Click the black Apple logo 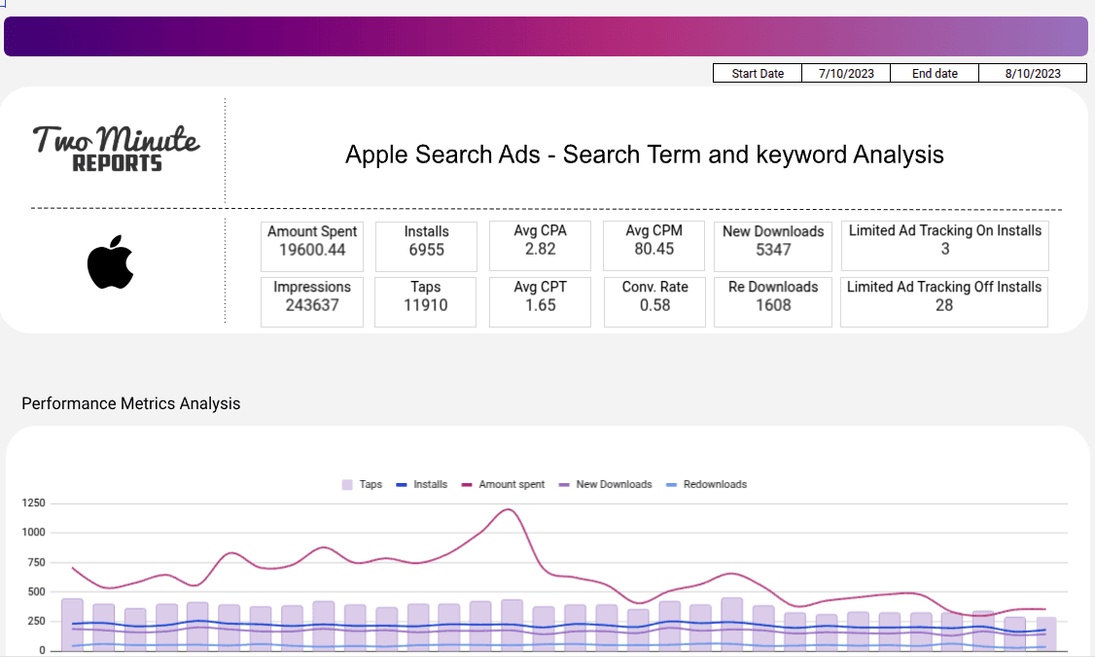coord(110,261)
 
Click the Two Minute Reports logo coord(117,149)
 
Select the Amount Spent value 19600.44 coord(312,250)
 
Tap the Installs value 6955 coord(426,250)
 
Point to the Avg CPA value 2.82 coord(540,250)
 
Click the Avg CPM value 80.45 coord(653,250)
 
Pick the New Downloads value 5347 coord(773,250)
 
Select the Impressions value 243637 coord(312,305)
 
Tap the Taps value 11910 coord(426,305)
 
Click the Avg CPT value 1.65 coord(540,305)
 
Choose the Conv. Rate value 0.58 coord(653,305)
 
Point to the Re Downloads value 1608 coord(773,305)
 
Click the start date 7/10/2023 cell coord(846,74)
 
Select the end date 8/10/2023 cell coord(1033,74)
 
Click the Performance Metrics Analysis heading coord(130,403)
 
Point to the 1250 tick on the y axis coord(33,503)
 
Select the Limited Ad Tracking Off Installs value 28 coord(943,305)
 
